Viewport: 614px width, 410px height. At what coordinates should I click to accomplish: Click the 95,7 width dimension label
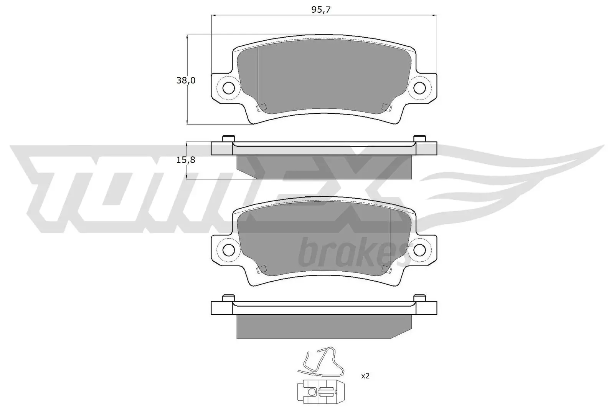321,10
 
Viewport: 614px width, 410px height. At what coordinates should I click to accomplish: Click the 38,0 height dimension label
186,80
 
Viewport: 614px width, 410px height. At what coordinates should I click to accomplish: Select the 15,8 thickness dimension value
186,160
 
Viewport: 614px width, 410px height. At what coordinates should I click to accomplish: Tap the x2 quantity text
365,376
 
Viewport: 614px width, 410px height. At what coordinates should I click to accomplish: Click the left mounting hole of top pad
228,88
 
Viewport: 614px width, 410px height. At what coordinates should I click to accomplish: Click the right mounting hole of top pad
419,87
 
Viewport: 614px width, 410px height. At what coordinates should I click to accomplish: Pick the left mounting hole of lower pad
228,249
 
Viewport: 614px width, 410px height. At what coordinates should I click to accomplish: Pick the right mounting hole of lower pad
419,249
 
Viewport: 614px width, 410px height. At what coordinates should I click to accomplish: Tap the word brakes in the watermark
351,252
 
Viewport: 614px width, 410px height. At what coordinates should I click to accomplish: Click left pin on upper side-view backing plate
228,138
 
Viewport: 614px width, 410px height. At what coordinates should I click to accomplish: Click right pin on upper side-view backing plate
419,138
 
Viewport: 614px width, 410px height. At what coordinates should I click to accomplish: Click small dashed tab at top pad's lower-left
261,108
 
